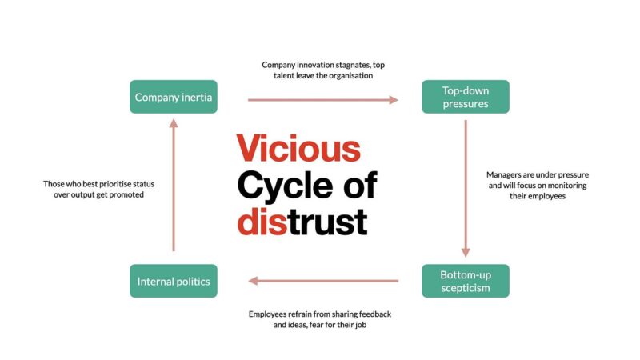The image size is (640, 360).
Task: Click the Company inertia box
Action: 174,98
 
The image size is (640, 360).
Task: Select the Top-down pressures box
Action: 466,98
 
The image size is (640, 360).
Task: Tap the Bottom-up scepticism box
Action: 466,281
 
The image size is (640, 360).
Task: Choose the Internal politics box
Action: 174,281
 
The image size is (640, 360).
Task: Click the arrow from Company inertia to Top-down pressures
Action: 322,100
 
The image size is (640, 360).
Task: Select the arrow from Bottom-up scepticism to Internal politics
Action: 322,281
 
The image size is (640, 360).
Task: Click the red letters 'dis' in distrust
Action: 262,221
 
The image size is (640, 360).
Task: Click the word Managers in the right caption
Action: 506,174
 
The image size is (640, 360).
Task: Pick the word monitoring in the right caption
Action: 562,186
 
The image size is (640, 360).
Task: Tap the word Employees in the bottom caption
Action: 272,313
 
